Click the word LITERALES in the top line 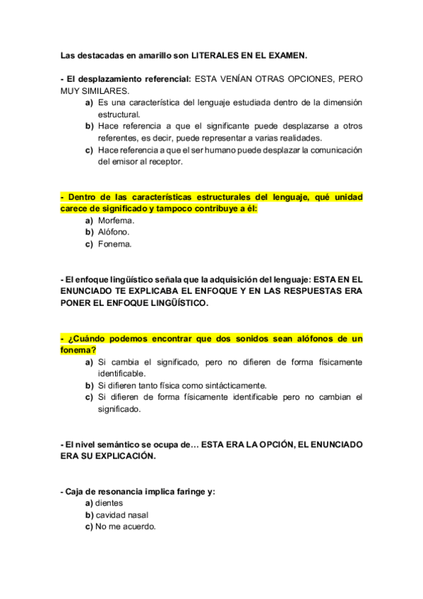(x=218, y=54)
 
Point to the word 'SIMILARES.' (x=107, y=91)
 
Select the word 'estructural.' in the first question (x=119, y=114)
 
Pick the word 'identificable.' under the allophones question (x=122, y=373)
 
